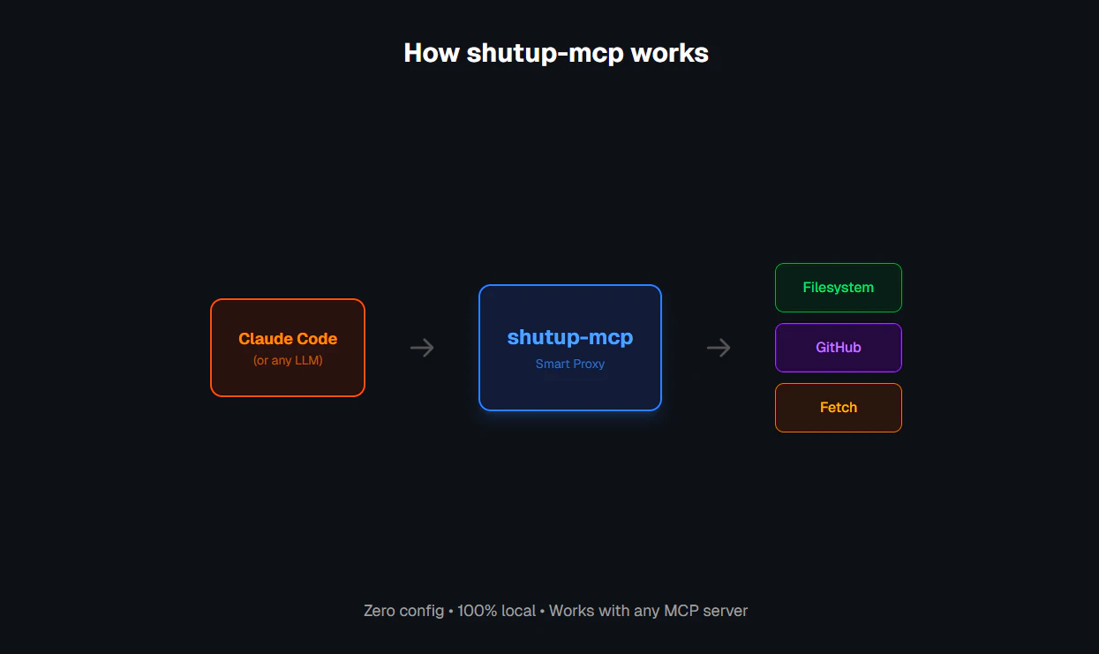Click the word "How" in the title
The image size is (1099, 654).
[432, 53]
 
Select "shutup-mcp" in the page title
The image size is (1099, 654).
[545, 54]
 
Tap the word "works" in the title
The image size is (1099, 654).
[670, 53]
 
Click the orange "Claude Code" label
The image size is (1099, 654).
[288, 339]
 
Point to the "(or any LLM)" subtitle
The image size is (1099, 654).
[288, 360]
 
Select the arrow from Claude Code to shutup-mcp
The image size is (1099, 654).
[422, 348]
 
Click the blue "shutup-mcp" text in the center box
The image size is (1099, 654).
[570, 337]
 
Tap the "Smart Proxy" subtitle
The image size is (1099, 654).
[570, 364]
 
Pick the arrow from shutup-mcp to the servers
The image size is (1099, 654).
[719, 348]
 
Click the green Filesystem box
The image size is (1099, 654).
[839, 288]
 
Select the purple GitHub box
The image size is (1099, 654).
[839, 348]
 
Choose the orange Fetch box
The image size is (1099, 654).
[839, 408]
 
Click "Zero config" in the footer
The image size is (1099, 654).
[403, 611]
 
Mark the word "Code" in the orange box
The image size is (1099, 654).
[318, 339]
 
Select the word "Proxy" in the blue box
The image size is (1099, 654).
[587, 364]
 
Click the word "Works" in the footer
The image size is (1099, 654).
[571, 611]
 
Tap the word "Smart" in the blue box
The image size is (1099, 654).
[552, 364]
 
